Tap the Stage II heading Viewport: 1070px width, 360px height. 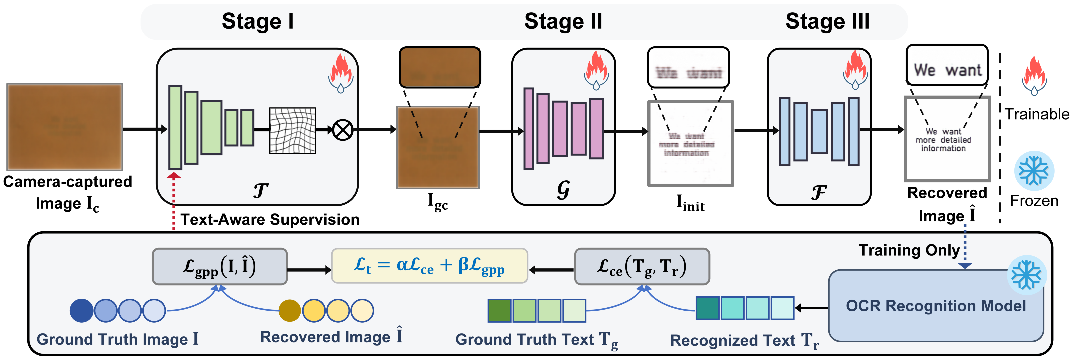[x=563, y=22]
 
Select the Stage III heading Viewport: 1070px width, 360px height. [x=827, y=22]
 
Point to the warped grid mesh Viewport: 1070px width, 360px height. [x=292, y=130]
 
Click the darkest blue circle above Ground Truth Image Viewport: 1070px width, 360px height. [x=81, y=311]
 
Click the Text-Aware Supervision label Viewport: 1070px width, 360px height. [x=270, y=219]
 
